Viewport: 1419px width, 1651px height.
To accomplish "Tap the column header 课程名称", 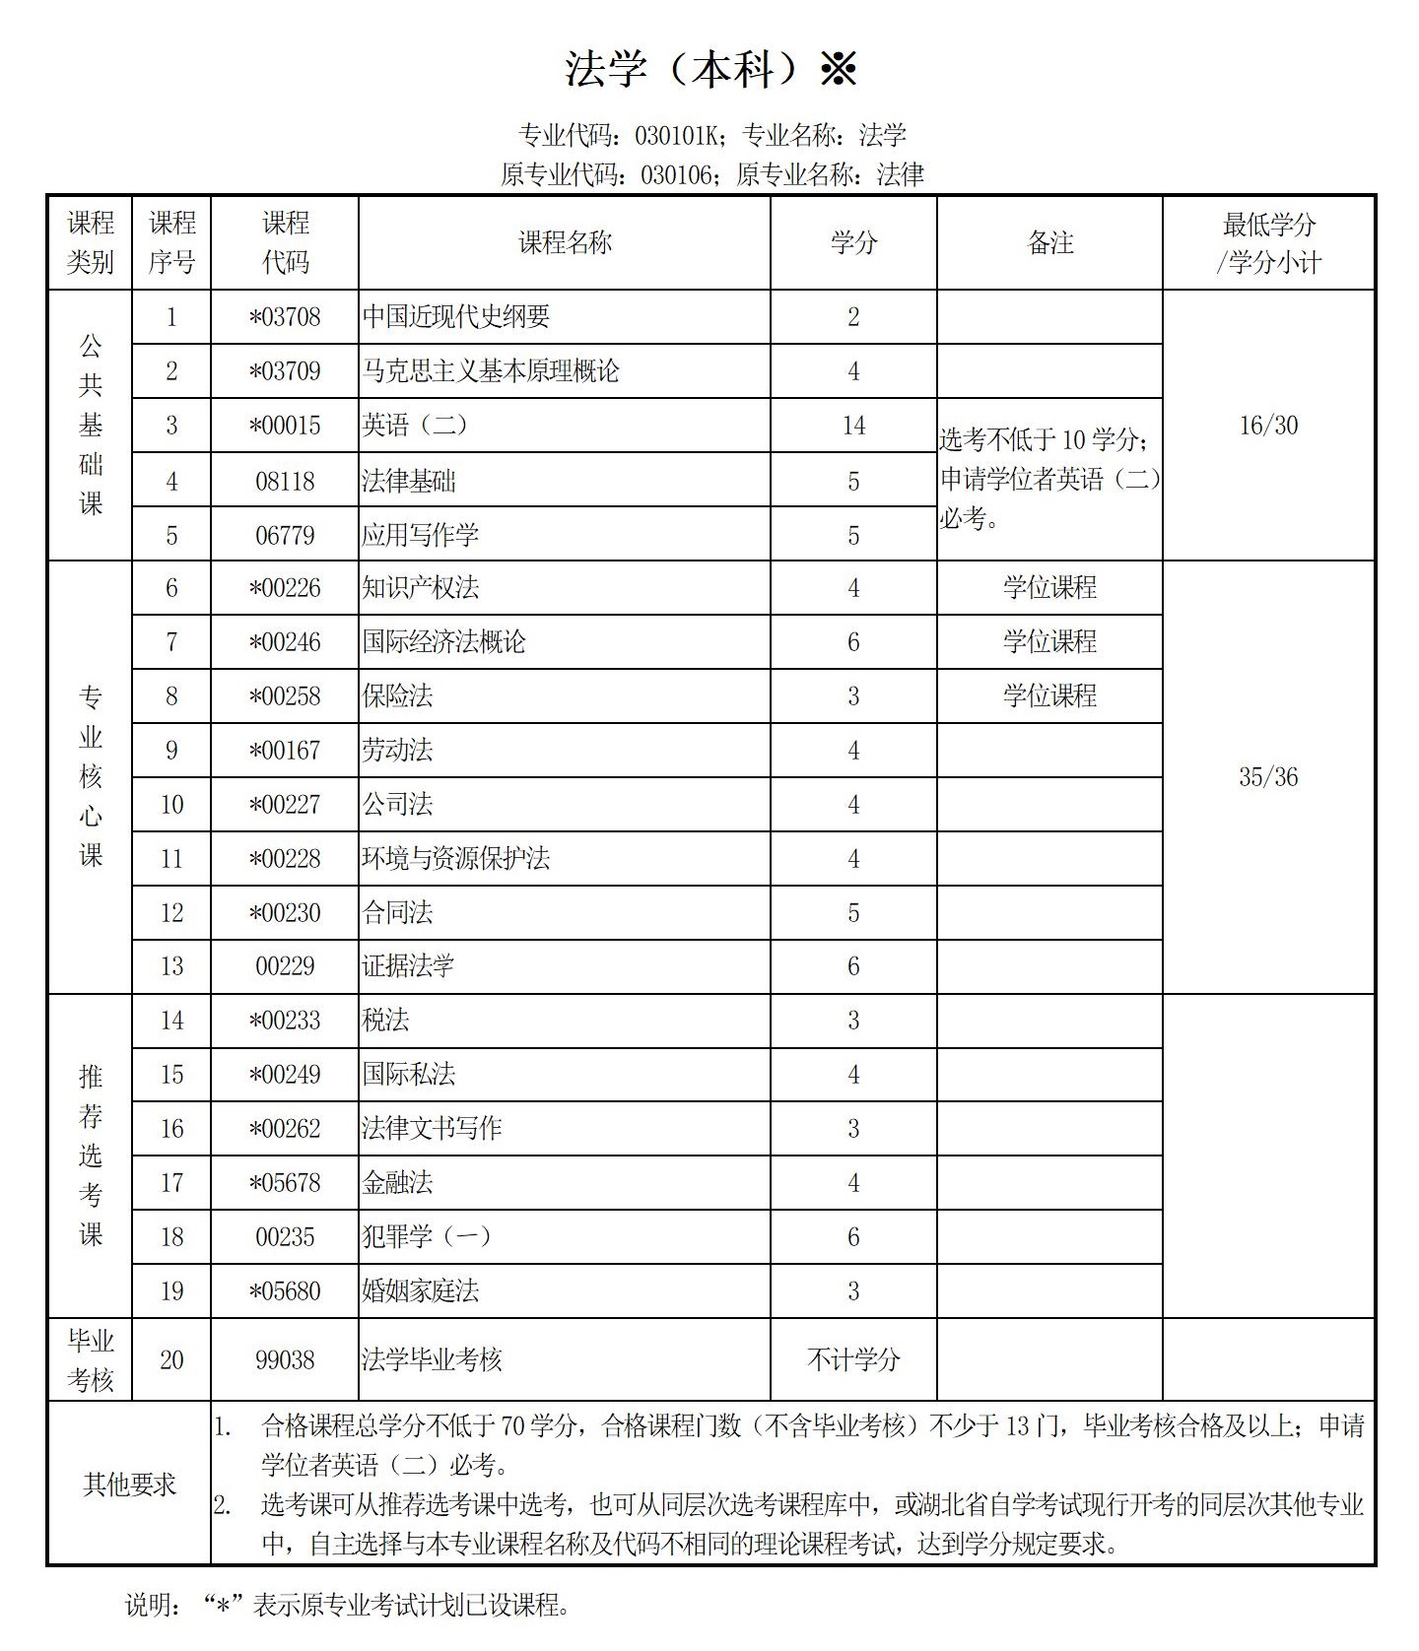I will pyautogui.click(x=565, y=242).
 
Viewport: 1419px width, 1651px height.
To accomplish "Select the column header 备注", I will pyautogui.click(x=1049, y=242).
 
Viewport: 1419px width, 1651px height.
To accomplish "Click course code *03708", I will pyautogui.click(x=285, y=317).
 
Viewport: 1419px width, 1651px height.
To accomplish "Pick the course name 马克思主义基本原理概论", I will pyautogui.click(x=491, y=371).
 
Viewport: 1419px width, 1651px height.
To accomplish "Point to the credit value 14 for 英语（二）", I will pyautogui.click(x=853, y=426).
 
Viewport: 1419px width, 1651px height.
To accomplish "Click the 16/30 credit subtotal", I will pyautogui.click(x=1268, y=426).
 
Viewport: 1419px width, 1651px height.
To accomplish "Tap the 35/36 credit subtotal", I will pyautogui.click(x=1268, y=777).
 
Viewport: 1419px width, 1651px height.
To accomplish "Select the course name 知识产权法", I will pyautogui.click(x=421, y=588).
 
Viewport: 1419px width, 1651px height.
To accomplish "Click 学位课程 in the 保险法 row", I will pyautogui.click(x=1049, y=696).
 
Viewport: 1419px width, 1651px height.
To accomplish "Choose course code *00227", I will pyautogui.click(x=285, y=805).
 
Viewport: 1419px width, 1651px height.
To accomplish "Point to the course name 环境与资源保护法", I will pyautogui.click(x=455, y=859).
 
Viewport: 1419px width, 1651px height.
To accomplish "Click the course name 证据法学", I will pyautogui.click(x=408, y=966).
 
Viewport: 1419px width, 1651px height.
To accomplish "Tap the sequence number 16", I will pyautogui.click(x=171, y=1129).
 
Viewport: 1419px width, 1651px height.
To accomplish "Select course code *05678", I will pyautogui.click(x=285, y=1183).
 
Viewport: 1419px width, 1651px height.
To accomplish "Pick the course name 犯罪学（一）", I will pyautogui.click(x=426, y=1237).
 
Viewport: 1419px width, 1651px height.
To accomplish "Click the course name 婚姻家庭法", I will pyautogui.click(x=421, y=1291).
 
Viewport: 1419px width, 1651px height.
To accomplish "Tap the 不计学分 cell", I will pyautogui.click(x=853, y=1360).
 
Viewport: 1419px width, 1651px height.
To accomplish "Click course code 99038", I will pyautogui.click(x=285, y=1360).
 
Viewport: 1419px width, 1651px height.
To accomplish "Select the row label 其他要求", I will pyautogui.click(x=129, y=1485).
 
